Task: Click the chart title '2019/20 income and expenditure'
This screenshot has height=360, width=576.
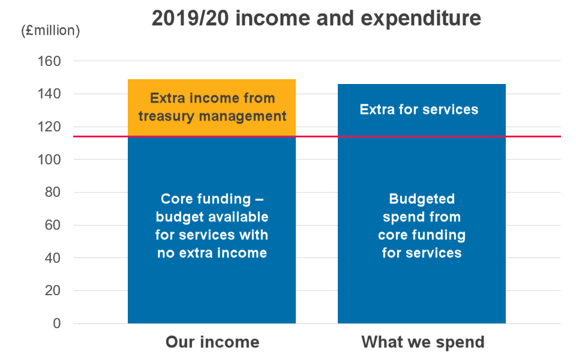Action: [x=316, y=18]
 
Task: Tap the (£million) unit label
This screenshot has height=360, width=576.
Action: [x=50, y=31]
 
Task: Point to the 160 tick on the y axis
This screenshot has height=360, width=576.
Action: [x=49, y=61]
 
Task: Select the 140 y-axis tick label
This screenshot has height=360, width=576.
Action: [x=49, y=94]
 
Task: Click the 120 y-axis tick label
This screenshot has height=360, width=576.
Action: [x=49, y=127]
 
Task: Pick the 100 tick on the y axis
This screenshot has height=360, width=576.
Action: [x=49, y=160]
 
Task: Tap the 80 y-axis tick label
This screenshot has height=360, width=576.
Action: [x=53, y=192]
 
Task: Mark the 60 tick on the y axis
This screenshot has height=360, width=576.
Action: [x=53, y=225]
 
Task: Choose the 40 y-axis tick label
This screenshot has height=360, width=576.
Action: [x=53, y=258]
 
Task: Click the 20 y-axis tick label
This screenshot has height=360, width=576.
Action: [x=53, y=290]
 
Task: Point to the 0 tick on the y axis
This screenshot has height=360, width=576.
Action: [x=57, y=323]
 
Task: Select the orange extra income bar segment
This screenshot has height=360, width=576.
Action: [x=212, y=107]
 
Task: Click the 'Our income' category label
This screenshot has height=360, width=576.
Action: [x=212, y=342]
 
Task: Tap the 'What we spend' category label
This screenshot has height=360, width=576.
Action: [x=423, y=342]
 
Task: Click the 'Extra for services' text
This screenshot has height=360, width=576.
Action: [x=419, y=109]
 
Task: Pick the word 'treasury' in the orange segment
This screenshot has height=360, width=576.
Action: [x=166, y=116]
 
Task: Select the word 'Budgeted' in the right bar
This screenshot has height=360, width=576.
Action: [x=422, y=199]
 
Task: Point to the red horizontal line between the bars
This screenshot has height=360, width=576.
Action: [x=317, y=137]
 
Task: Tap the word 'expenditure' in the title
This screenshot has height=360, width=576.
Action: [x=421, y=19]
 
